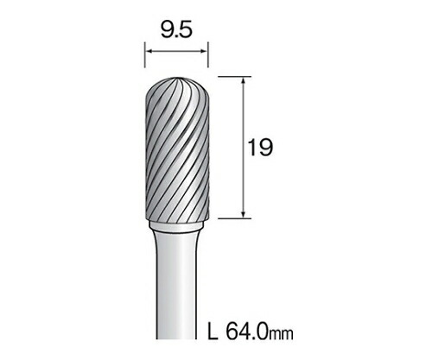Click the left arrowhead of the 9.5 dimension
click(148, 54)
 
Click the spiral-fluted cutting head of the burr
click(175, 155)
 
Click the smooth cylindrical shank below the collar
click(175, 294)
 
